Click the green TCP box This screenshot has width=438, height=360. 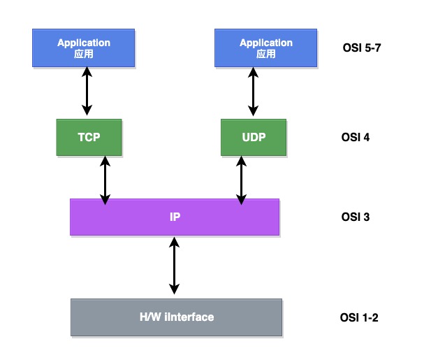pos(89,137)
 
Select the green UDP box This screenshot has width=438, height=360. pos(254,137)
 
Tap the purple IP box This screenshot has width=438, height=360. pos(175,217)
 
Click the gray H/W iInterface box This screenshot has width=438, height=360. pos(177,317)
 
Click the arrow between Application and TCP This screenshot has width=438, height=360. pos(87,90)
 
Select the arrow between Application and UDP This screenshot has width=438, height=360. pos(253,90)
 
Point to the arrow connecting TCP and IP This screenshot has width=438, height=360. pos(105,180)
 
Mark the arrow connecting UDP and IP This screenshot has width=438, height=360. pos(242,180)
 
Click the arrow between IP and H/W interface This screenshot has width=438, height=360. pos(174,264)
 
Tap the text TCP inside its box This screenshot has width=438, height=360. pos(89,137)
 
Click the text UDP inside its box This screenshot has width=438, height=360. pos(254,137)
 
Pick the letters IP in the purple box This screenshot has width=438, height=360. pos(175,217)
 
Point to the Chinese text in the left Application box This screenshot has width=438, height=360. pos(83,53)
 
